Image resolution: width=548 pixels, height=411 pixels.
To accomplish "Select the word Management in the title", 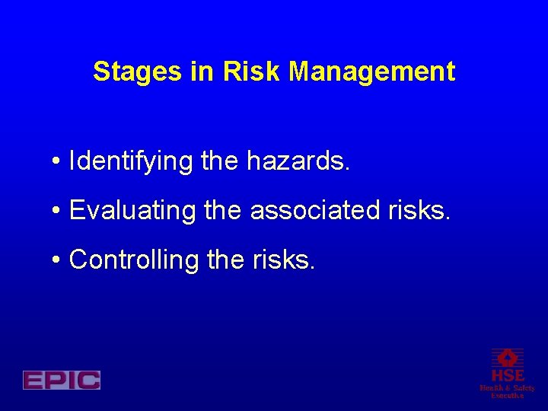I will pyautogui.click(x=372, y=72).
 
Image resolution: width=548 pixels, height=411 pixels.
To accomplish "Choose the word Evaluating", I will pyautogui.click(x=133, y=211).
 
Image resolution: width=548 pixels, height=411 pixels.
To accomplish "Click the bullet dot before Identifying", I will pyautogui.click(x=57, y=163).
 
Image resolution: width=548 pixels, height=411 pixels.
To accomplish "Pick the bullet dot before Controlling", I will pyautogui.click(x=57, y=261).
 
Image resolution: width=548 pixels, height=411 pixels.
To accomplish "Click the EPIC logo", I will pyautogui.click(x=62, y=380).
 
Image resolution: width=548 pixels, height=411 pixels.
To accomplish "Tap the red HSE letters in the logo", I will pyautogui.click(x=507, y=376).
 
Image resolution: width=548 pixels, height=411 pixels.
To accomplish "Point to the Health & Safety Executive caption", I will pyautogui.click(x=507, y=391).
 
